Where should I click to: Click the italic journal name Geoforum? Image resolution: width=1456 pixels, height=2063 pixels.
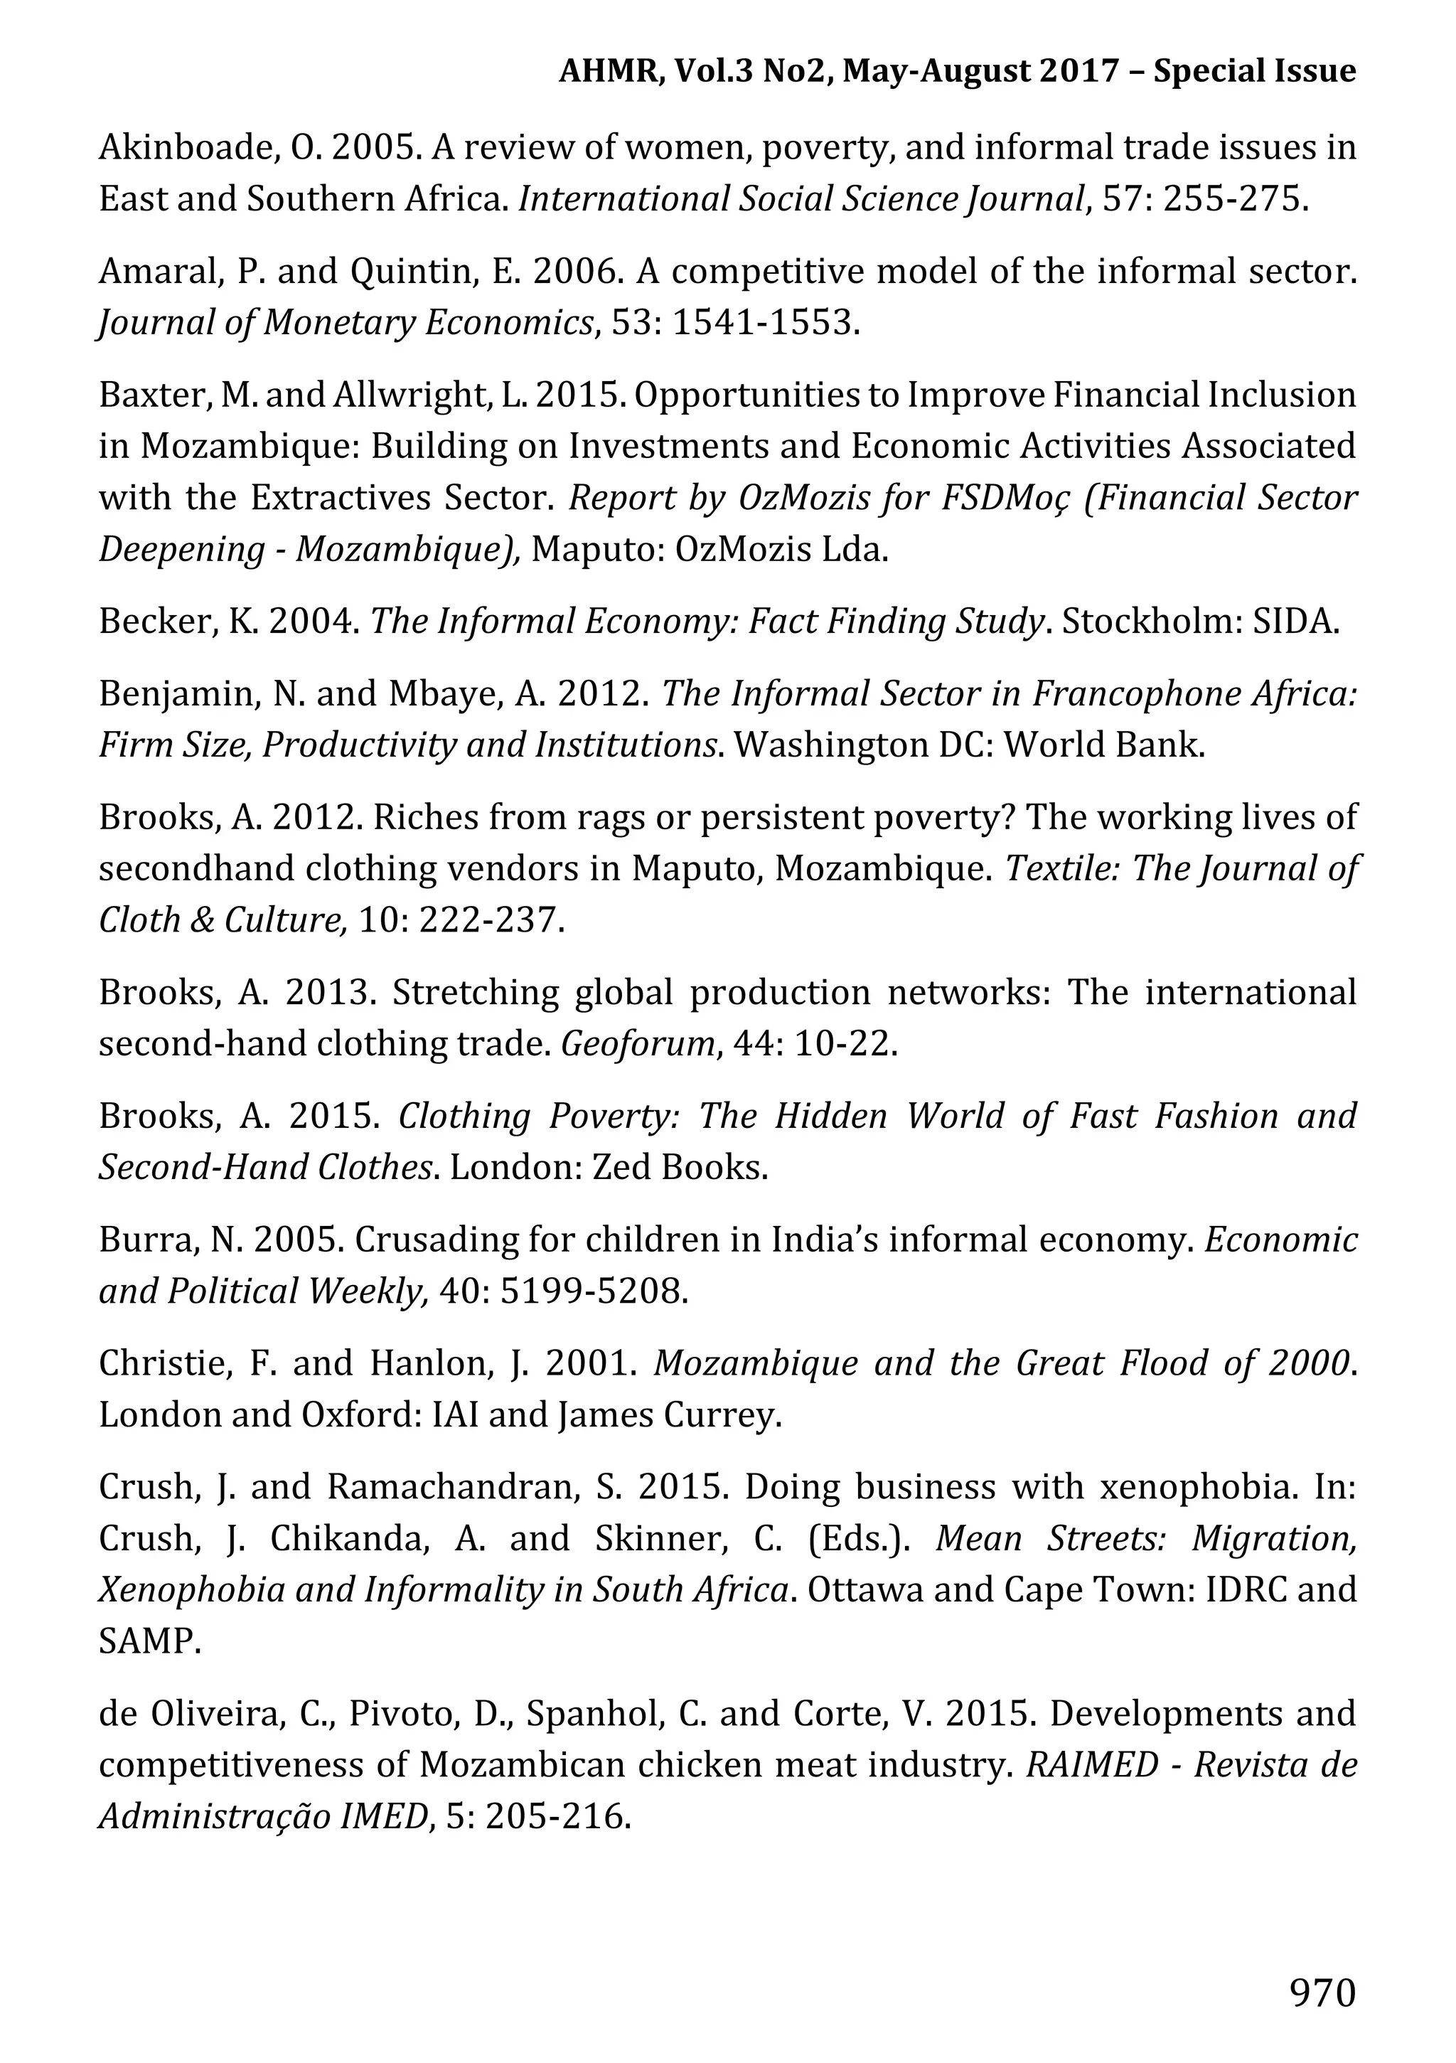tap(638, 1044)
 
